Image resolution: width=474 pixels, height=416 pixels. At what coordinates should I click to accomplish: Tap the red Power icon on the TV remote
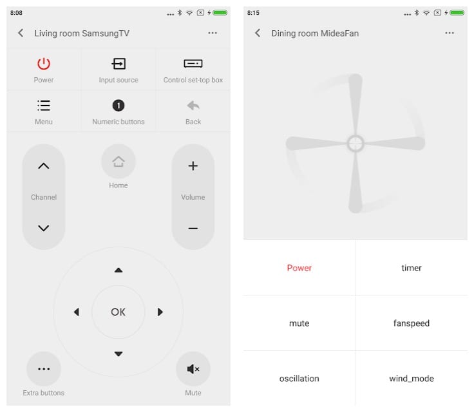tap(44, 64)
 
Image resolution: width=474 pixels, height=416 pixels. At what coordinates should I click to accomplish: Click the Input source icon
tap(118, 64)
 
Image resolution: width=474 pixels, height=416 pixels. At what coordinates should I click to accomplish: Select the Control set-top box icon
tap(193, 64)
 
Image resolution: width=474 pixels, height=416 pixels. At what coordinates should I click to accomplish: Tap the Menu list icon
tap(44, 106)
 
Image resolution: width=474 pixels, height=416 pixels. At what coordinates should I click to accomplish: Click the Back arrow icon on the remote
tap(193, 106)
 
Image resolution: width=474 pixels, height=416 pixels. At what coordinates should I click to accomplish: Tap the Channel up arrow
tap(44, 166)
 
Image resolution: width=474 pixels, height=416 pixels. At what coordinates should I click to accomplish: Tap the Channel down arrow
tap(44, 228)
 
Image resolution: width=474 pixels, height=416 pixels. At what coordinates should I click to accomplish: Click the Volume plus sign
tap(193, 166)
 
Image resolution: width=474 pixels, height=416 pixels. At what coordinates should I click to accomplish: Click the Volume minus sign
tap(193, 229)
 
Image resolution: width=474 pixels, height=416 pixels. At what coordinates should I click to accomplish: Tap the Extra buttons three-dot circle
tap(44, 369)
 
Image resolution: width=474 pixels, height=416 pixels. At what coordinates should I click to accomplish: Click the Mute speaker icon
tap(193, 369)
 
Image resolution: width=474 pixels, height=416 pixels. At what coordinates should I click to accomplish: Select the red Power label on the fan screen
tap(299, 268)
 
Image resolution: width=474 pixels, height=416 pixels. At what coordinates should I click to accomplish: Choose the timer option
tap(412, 268)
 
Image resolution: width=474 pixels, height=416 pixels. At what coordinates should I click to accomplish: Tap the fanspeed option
tap(412, 323)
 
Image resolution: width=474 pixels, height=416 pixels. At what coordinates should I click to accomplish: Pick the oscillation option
tap(299, 379)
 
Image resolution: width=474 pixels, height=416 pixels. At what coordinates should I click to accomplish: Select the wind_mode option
tap(412, 379)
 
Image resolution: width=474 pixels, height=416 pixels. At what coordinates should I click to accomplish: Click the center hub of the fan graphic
tap(355, 143)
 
